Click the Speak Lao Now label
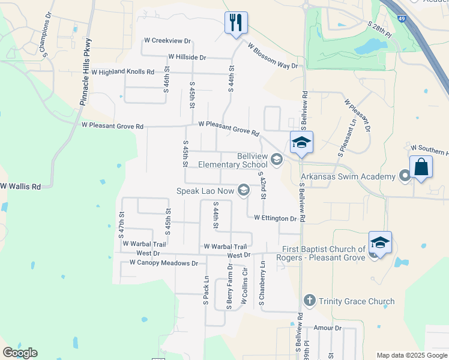pos(205,191)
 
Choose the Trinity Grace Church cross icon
pos(309,301)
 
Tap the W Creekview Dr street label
pos(167,41)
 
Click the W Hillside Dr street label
pos(187,57)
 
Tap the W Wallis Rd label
pos(20,187)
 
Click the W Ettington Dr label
pos(275,218)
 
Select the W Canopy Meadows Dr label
pos(158,263)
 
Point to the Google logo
pos(20,353)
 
